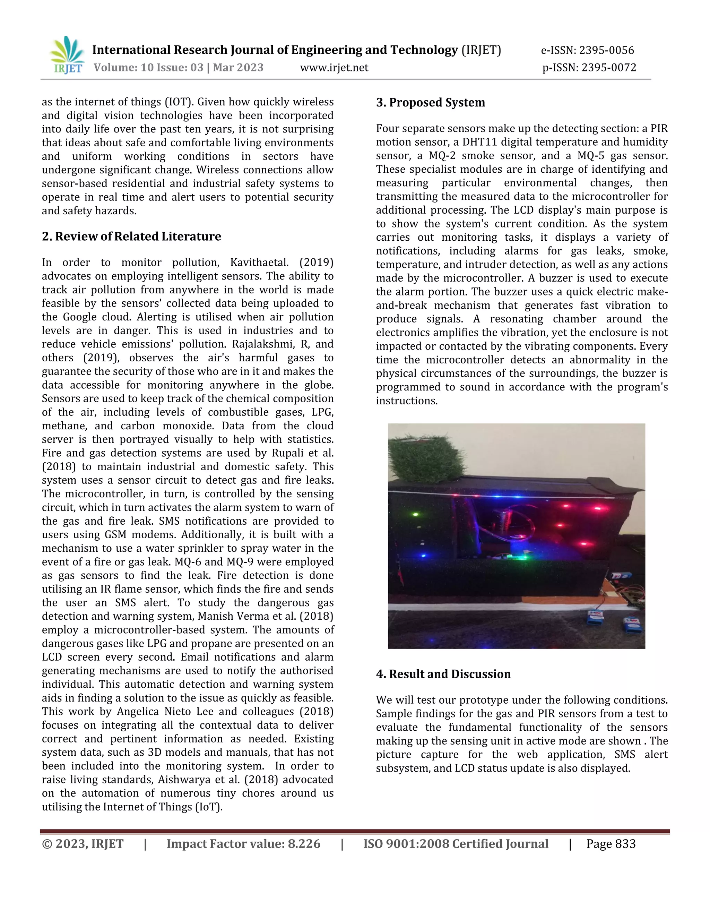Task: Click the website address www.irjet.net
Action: (334, 68)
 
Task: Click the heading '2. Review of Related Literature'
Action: (131, 237)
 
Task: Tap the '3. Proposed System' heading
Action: (430, 103)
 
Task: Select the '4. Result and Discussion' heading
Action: (443, 674)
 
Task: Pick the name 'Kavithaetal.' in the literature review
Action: (259, 263)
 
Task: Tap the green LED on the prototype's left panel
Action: (416, 514)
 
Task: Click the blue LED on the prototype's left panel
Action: (424, 556)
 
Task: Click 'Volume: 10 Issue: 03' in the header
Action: (148, 68)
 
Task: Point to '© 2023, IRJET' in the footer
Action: (83, 844)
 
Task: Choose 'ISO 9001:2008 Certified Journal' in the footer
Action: (456, 844)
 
